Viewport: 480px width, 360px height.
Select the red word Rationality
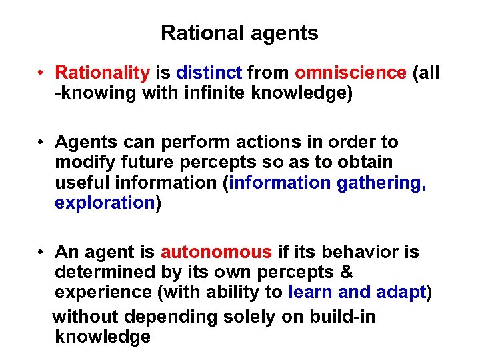[103, 73]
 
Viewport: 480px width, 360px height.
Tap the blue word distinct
[211, 73]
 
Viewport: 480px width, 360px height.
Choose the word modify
[83, 162]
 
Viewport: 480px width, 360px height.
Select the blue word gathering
[381, 183]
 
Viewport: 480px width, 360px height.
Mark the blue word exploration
[105, 203]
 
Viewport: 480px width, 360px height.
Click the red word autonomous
[216, 252]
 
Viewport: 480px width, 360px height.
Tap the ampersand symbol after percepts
[347, 272]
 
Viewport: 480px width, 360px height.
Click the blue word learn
[310, 293]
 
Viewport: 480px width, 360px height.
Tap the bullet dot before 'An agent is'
[41, 253]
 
